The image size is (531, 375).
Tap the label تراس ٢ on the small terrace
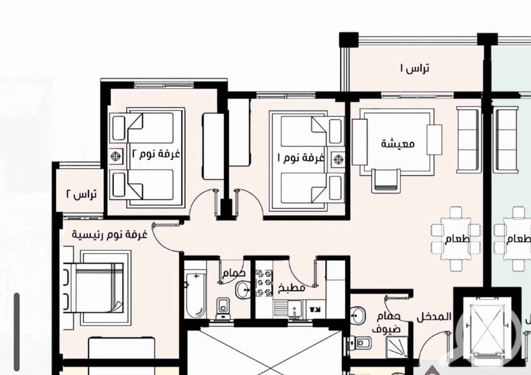tap(81, 194)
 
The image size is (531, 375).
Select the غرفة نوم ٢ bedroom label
tap(155, 154)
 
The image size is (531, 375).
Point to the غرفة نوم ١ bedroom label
tap(301, 157)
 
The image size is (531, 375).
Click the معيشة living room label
tap(397, 143)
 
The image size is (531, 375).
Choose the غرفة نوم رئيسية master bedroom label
tap(109, 234)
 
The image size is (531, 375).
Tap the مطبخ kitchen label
tap(291, 288)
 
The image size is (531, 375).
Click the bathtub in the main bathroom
tap(196, 294)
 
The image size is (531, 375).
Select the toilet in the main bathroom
tap(223, 309)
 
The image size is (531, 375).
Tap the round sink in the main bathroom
tap(243, 290)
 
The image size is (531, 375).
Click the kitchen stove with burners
tap(264, 282)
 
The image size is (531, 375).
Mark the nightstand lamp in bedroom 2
tap(116, 156)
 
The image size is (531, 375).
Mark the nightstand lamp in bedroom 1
tap(338, 159)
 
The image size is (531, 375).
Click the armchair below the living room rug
tap(386, 181)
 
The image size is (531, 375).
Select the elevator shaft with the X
tap(485, 327)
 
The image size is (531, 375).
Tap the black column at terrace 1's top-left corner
tap(349, 39)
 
